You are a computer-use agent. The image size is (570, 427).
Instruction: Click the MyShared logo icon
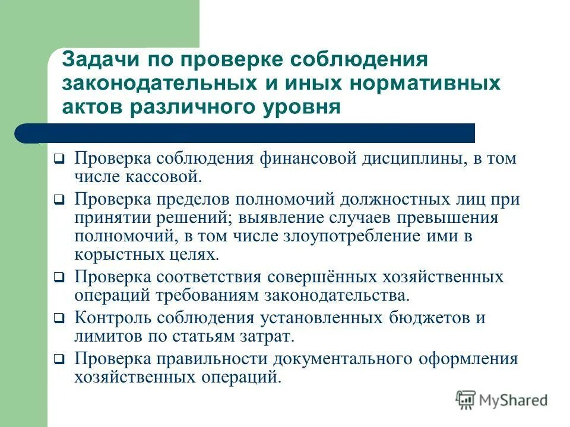point(465,400)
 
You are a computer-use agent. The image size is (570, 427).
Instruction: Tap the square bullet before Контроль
point(59,319)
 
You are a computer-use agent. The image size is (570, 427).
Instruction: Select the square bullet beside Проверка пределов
point(59,200)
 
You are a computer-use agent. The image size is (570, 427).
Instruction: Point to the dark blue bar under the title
point(249,133)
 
